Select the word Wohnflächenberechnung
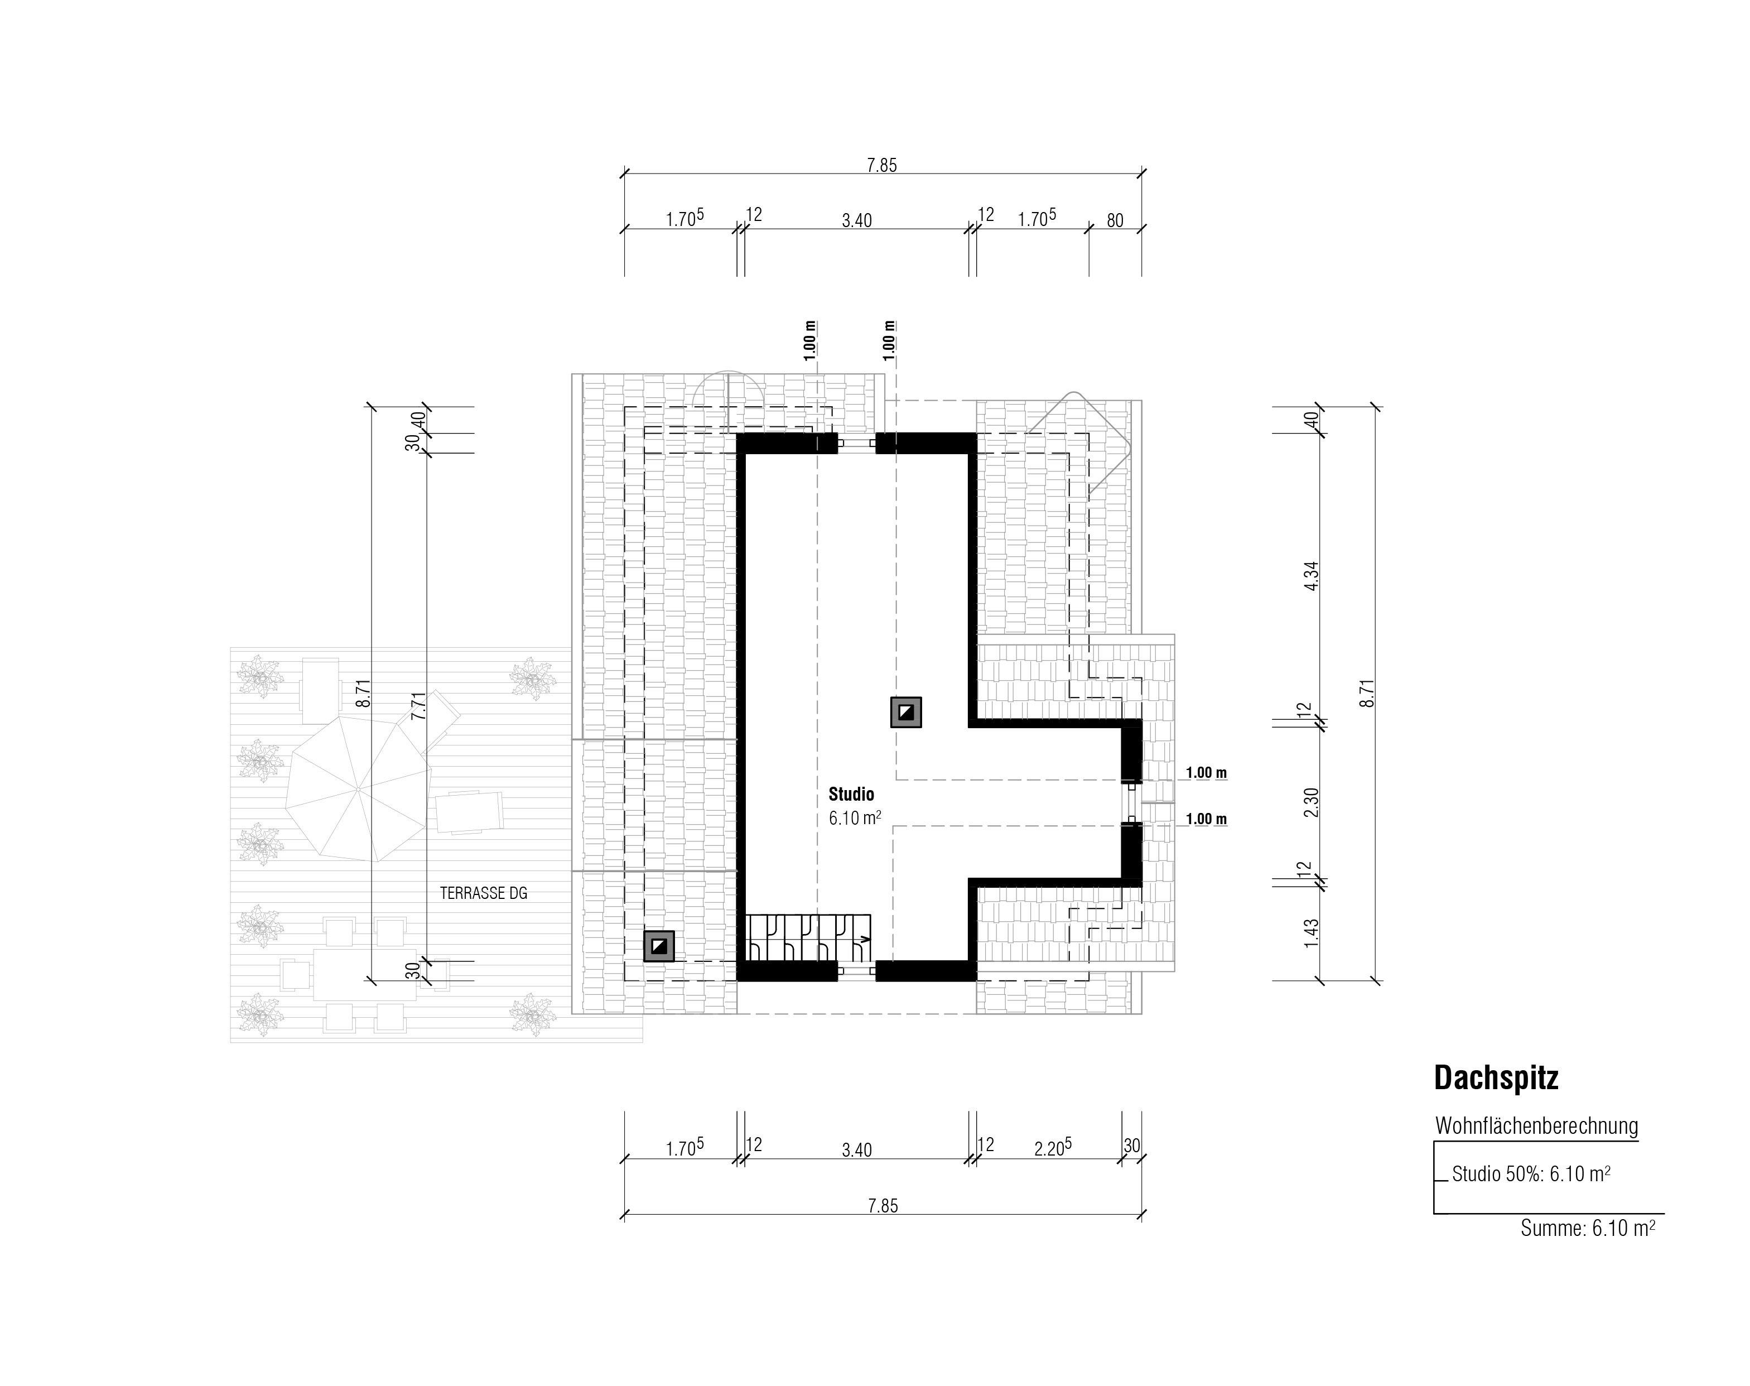point(1536,1127)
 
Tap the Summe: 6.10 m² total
point(1587,1229)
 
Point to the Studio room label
point(851,795)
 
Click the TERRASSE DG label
point(484,893)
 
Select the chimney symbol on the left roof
point(659,946)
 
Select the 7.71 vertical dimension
point(418,706)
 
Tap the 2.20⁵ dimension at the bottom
point(1052,1148)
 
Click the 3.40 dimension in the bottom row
point(857,1150)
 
